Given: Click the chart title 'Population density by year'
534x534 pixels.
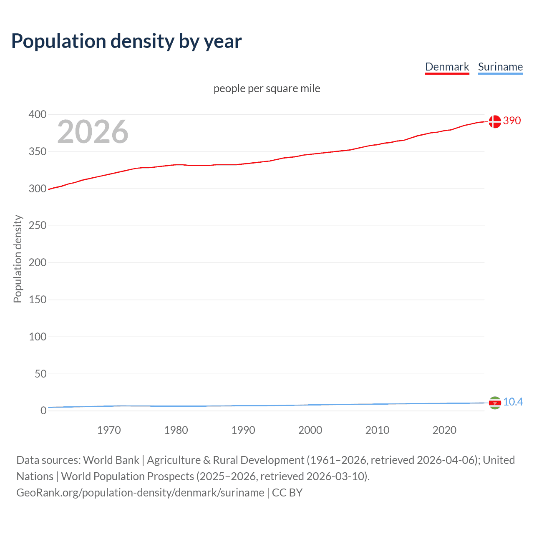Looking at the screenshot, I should click(126, 41).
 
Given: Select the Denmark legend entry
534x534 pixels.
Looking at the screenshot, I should click(447, 67).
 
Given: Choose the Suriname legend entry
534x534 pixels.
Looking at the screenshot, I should click(500, 67).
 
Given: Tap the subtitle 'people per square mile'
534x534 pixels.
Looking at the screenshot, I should click(267, 88).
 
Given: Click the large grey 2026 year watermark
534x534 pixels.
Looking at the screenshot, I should click(93, 132).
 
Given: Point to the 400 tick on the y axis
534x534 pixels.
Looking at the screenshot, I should click(38, 114).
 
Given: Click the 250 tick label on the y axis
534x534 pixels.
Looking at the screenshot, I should click(38, 226).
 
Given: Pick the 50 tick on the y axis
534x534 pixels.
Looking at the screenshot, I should click(40, 374).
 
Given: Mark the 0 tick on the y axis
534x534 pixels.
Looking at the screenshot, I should click(43, 411).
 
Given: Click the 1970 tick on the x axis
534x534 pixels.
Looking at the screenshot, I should click(109, 430).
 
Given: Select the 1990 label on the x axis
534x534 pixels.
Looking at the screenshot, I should click(243, 430).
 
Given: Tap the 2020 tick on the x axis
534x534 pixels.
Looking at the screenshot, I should click(444, 430).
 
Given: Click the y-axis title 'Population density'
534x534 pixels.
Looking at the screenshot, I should click(18, 259).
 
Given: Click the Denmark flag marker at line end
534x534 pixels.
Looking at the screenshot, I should click(495, 121).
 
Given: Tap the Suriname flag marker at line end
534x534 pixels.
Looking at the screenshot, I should click(495, 403).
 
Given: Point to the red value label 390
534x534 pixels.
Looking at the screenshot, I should click(512, 121).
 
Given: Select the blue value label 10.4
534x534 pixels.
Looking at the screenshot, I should click(513, 402).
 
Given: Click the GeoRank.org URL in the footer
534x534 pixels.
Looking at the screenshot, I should click(140, 493).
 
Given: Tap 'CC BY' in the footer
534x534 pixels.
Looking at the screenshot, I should click(287, 493).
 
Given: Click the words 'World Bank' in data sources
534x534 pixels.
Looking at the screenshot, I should click(111, 460).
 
